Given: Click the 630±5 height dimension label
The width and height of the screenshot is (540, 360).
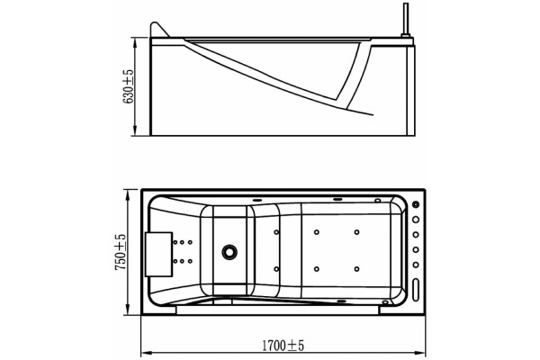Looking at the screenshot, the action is pyautogui.click(x=128, y=86).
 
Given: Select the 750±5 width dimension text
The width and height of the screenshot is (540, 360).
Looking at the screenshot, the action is pyautogui.click(x=121, y=252).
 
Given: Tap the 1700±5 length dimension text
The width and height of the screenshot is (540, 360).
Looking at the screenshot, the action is pyautogui.click(x=283, y=345).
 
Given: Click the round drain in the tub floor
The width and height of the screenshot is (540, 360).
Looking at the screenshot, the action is pyautogui.click(x=229, y=252).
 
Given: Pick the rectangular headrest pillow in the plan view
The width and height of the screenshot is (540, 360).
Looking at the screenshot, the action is pyautogui.click(x=158, y=254).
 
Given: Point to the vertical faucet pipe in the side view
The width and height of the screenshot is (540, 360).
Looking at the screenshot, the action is pyautogui.click(x=406, y=19).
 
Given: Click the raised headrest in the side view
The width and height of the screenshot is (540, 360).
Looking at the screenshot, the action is pyautogui.click(x=158, y=30).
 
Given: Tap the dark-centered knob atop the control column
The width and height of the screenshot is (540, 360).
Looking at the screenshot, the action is pyautogui.click(x=416, y=204).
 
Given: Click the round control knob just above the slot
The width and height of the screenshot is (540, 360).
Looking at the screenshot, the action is pyautogui.click(x=416, y=265).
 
